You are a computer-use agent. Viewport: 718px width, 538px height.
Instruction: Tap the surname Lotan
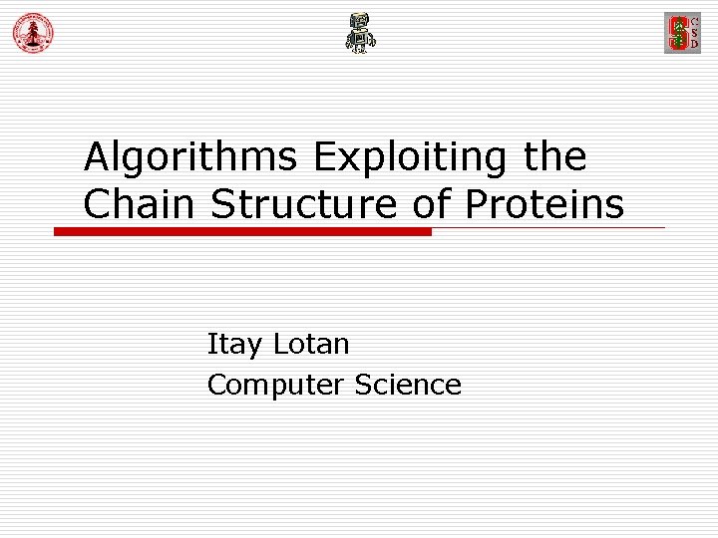[x=310, y=344]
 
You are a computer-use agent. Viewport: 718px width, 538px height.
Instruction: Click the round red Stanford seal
[x=33, y=34]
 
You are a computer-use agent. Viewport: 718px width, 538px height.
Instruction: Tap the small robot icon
[x=360, y=34]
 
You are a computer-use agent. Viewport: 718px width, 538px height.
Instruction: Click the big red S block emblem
[x=678, y=33]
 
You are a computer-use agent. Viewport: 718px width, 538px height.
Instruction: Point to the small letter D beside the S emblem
[x=695, y=45]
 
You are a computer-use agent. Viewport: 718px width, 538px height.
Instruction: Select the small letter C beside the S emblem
[x=695, y=20]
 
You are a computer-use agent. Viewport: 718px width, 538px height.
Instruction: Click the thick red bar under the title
[x=242, y=231]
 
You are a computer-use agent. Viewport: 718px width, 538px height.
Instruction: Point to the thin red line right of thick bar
[x=548, y=228]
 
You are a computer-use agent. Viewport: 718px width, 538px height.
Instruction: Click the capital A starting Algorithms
[x=97, y=157]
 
